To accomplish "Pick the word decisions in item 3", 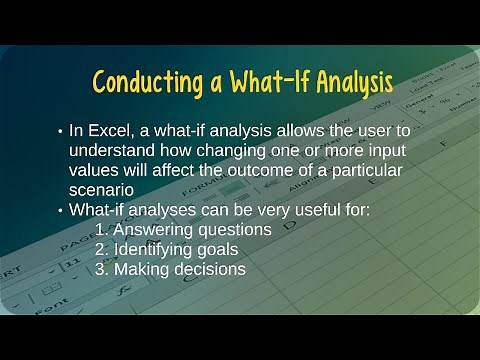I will pyautogui.click(x=208, y=268).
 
